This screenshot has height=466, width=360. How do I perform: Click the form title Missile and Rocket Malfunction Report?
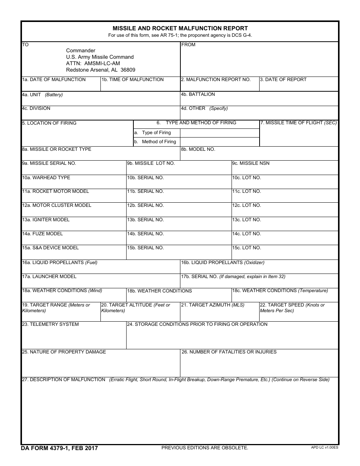pos(180,28)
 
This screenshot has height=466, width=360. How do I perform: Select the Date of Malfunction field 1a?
pos(61,86)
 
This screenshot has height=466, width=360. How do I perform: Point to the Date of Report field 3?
pos(299,86)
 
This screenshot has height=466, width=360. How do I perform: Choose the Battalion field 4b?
pos(259,100)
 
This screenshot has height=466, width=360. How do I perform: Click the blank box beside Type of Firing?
pos(219,133)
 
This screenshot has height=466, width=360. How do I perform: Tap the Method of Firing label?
pos(159,142)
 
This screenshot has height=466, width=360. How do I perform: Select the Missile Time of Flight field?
pos(299,136)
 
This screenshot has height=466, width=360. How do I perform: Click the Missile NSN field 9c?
pos(285,169)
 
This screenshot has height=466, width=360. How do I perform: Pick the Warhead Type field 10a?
pos(74,184)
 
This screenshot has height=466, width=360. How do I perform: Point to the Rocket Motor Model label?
pos(55,191)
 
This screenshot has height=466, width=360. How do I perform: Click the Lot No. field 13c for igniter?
pos(285,225)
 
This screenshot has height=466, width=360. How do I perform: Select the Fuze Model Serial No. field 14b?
pos(179,239)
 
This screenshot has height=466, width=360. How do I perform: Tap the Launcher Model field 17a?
pos(100,282)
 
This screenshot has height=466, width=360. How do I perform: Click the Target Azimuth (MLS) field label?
pos(213,305)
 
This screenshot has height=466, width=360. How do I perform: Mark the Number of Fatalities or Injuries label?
pos(229,352)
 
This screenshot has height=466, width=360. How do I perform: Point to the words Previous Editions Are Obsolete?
pos(205,448)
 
